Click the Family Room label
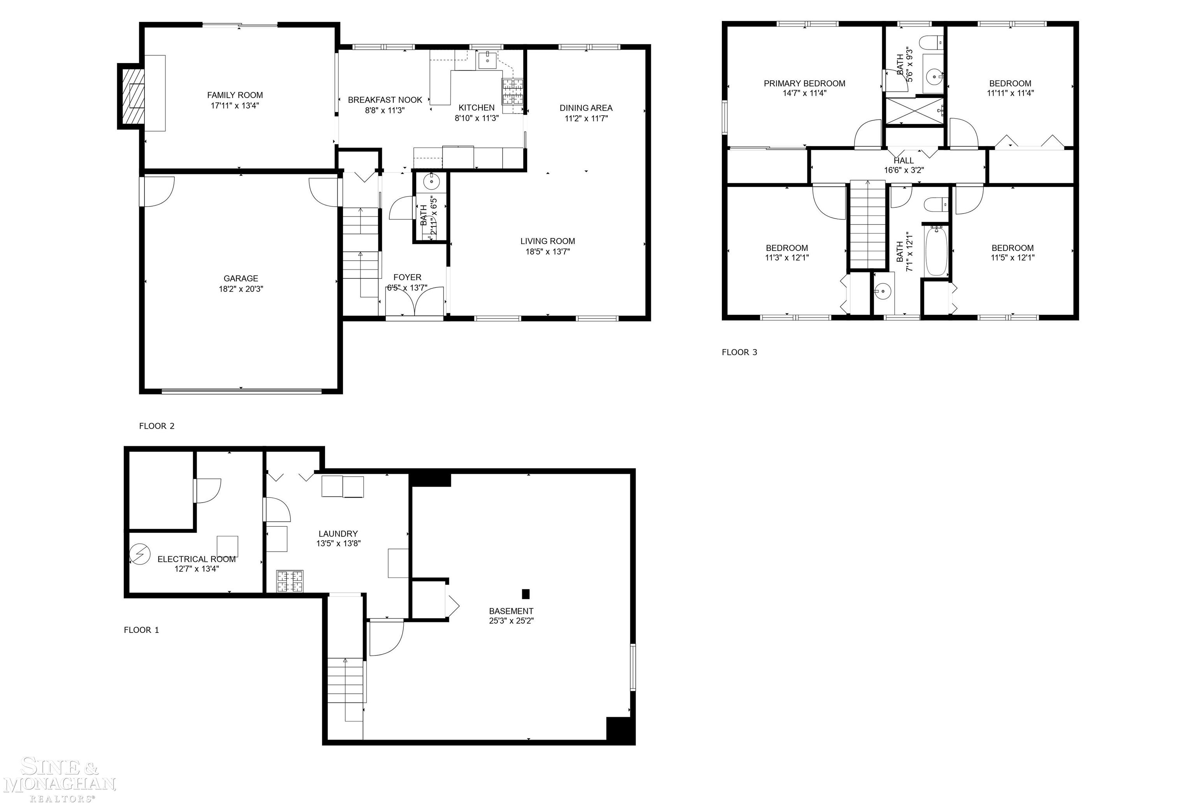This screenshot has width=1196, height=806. click(x=235, y=95)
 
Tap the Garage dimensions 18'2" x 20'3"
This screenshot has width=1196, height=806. click(x=241, y=289)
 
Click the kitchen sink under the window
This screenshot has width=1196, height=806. click(x=487, y=60)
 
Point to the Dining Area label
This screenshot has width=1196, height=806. click(x=586, y=108)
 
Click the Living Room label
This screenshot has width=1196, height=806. click(x=547, y=241)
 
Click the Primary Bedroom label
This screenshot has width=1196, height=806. click(x=804, y=83)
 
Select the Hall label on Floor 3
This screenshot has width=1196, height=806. click(x=903, y=160)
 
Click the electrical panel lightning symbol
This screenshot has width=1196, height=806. click(x=139, y=554)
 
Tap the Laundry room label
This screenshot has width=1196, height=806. click(x=338, y=534)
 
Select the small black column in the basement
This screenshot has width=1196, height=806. click(x=525, y=594)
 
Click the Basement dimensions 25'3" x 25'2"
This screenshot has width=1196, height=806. click(x=511, y=620)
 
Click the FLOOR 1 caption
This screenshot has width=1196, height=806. click(x=141, y=630)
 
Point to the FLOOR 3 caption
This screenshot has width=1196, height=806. click(x=739, y=352)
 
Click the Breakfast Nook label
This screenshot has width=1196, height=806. click(x=385, y=100)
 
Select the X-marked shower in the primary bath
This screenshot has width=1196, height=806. click(x=914, y=110)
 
